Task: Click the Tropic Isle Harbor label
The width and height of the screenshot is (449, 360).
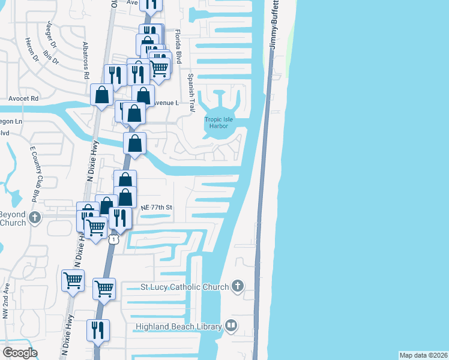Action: (217, 122)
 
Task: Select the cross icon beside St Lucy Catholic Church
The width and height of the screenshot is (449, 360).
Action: (238, 286)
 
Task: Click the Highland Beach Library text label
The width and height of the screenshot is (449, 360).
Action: (179, 326)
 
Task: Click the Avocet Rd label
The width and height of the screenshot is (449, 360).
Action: (23, 98)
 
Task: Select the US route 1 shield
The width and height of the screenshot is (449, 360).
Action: (113, 239)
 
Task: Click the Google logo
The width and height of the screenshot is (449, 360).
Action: (20, 353)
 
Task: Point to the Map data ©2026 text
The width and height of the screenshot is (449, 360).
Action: (423, 355)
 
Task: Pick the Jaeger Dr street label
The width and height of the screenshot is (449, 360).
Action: (51, 35)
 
